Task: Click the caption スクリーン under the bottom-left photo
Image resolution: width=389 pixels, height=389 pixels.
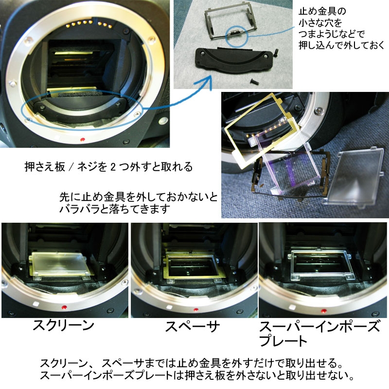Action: [x=64, y=325]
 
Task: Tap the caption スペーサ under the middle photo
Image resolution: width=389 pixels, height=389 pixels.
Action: [x=192, y=326]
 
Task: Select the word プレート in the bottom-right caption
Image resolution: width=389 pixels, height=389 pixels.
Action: [x=283, y=341]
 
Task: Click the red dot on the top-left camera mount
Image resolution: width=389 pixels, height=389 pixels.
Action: [x=83, y=140]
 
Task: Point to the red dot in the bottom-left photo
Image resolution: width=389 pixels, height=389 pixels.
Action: [x=64, y=308]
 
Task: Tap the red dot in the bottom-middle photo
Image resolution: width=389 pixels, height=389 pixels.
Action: [x=196, y=310]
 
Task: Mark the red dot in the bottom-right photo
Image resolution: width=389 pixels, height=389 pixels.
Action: [x=324, y=311]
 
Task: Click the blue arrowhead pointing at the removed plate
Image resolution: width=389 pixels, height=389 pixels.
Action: [x=207, y=81]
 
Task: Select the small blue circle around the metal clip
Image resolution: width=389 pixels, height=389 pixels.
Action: [x=237, y=36]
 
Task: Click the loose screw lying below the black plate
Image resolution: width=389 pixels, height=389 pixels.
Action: [x=254, y=82]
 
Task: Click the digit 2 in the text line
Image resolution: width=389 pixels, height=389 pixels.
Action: [x=113, y=167]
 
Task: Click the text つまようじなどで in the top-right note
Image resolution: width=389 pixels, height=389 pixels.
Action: [x=332, y=34]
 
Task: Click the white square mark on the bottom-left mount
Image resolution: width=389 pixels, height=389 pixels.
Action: [x=35, y=303]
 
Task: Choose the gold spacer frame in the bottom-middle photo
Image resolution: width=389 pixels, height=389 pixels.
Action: [x=192, y=266]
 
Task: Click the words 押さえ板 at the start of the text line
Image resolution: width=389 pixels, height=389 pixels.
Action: [x=45, y=167]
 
